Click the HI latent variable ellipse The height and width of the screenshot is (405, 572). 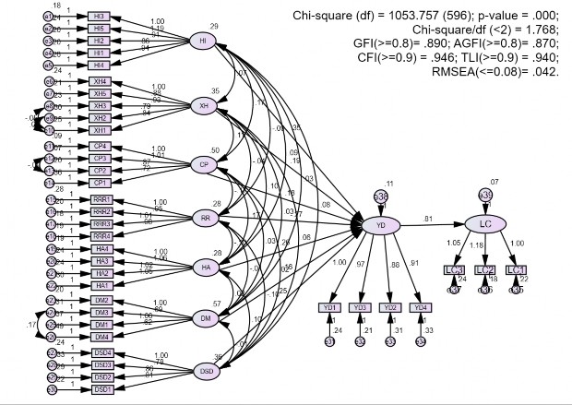coord(202,42)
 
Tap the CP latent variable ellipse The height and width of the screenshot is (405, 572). coord(202,164)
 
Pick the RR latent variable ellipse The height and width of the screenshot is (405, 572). coord(202,218)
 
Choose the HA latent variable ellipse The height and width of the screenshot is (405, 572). coord(202,268)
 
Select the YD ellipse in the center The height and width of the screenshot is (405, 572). coord(381,225)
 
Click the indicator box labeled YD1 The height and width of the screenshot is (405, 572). coord(330,307)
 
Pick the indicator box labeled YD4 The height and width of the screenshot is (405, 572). coord(421,307)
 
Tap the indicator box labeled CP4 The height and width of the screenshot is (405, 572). coord(100,147)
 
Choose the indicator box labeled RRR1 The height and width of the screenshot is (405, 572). coord(101,199)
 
